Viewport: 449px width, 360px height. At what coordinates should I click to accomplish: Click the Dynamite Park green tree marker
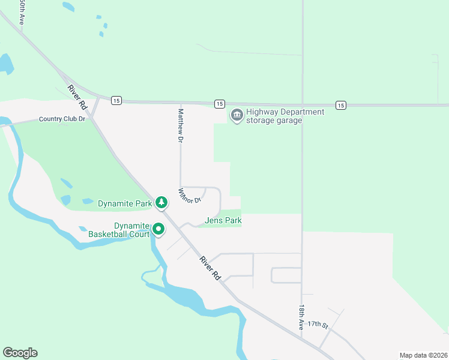(x=161, y=203)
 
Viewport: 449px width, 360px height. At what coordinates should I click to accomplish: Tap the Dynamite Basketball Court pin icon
(x=158, y=229)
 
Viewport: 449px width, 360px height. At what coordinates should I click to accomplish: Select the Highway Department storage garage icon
(x=237, y=114)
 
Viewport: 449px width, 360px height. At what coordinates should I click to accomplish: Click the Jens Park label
(x=223, y=221)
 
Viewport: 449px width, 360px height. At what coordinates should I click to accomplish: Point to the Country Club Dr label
(x=62, y=119)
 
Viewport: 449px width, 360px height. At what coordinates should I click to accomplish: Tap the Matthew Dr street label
(x=179, y=125)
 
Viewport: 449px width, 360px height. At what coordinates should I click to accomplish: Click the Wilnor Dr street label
(x=188, y=196)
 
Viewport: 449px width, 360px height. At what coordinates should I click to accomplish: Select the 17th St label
(x=318, y=325)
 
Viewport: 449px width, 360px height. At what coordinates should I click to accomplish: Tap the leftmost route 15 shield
(x=116, y=100)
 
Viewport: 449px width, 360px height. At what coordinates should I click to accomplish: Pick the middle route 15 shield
(x=219, y=104)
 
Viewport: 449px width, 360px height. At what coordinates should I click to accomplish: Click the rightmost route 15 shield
(x=341, y=105)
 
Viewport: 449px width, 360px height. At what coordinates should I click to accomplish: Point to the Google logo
(x=20, y=353)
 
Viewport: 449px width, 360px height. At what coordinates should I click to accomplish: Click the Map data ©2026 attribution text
(x=423, y=355)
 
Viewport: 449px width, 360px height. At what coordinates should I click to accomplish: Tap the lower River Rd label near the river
(x=209, y=268)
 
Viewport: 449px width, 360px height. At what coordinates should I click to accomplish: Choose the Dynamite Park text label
(x=125, y=203)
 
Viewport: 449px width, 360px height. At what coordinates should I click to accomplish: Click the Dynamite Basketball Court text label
(x=118, y=229)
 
